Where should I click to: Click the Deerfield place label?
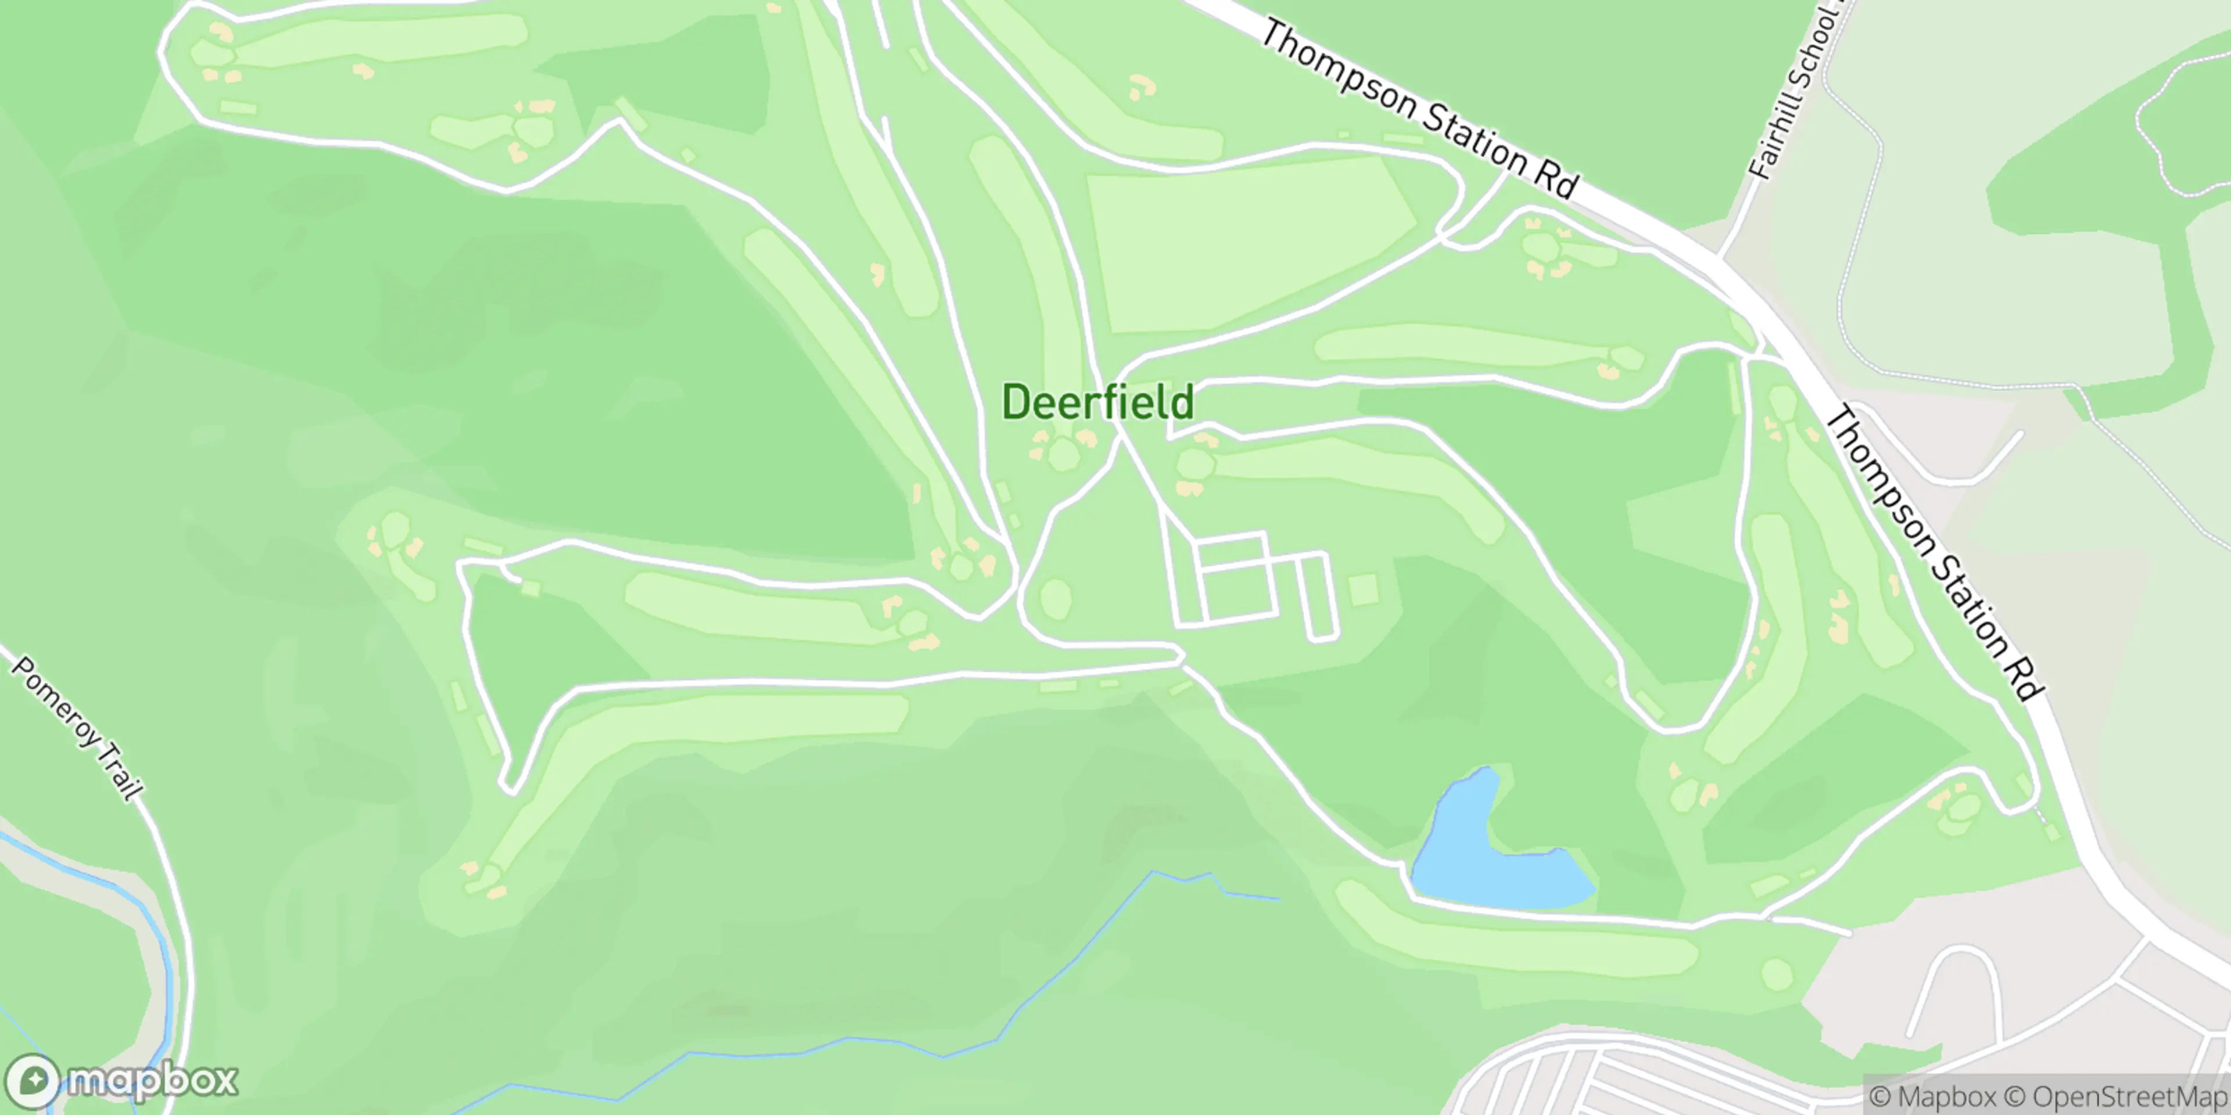click(x=1097, y=402)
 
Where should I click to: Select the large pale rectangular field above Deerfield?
click(x=1247, y=247)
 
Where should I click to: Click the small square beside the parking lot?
click(x=1363, y=591)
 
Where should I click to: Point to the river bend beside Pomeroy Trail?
click(x=156, y=935)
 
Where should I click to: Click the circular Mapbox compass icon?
click(x=35, y=1080)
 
